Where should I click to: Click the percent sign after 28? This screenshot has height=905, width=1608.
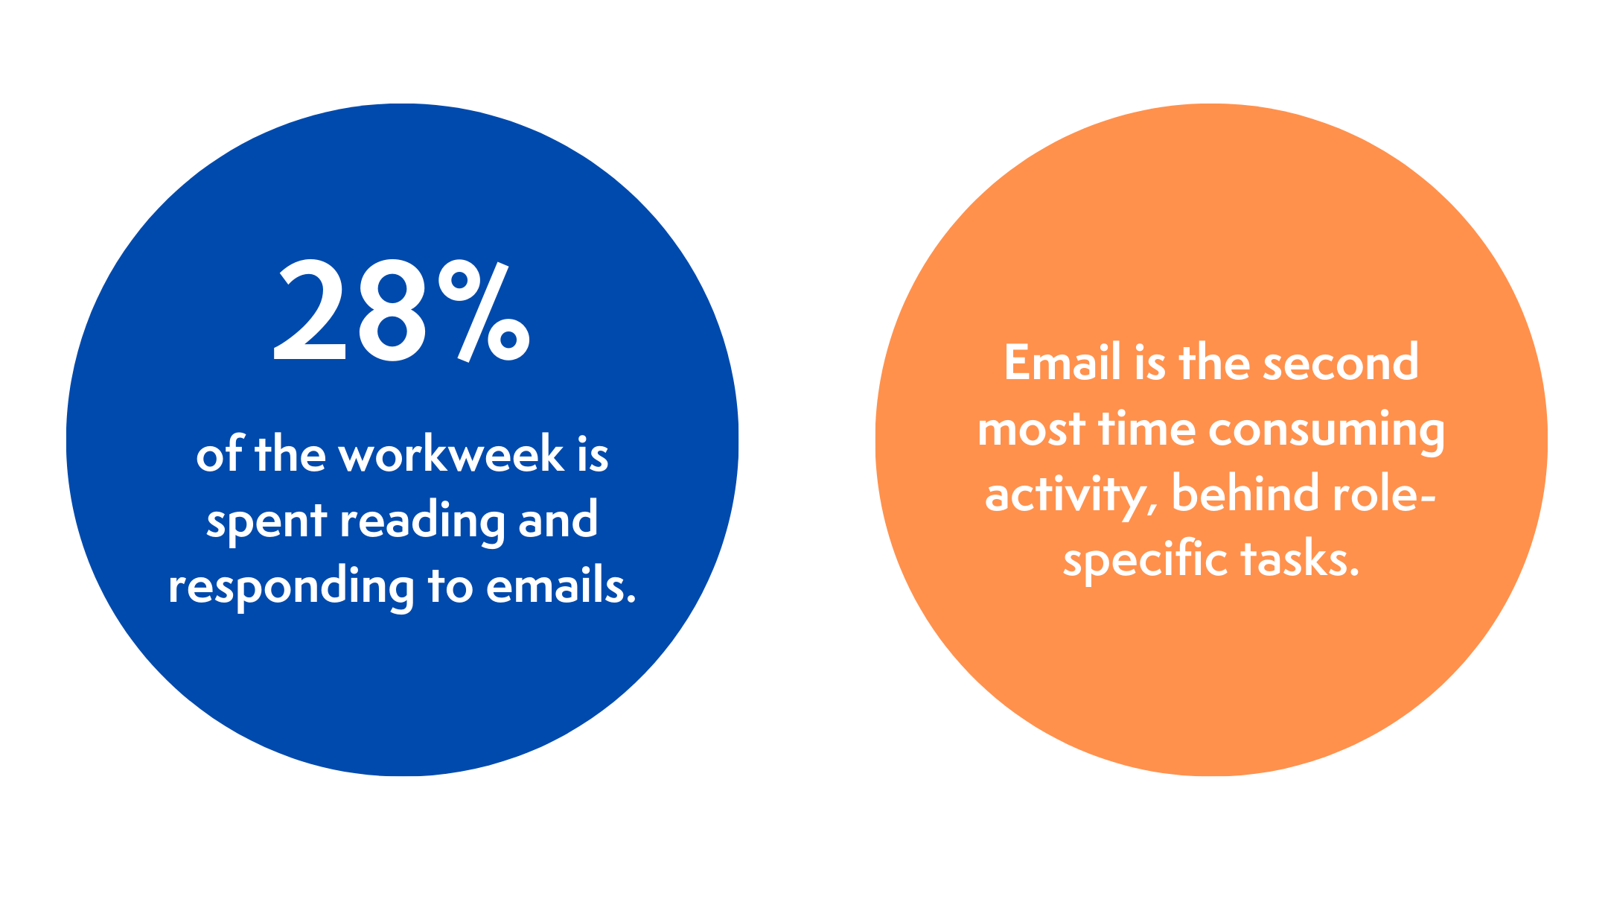[x=484, y=311]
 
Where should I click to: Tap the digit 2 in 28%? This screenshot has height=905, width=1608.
[x=310, y=311]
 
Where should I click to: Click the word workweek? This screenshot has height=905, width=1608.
[x=451, y=454]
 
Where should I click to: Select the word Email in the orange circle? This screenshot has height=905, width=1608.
[x=1062, y=363]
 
